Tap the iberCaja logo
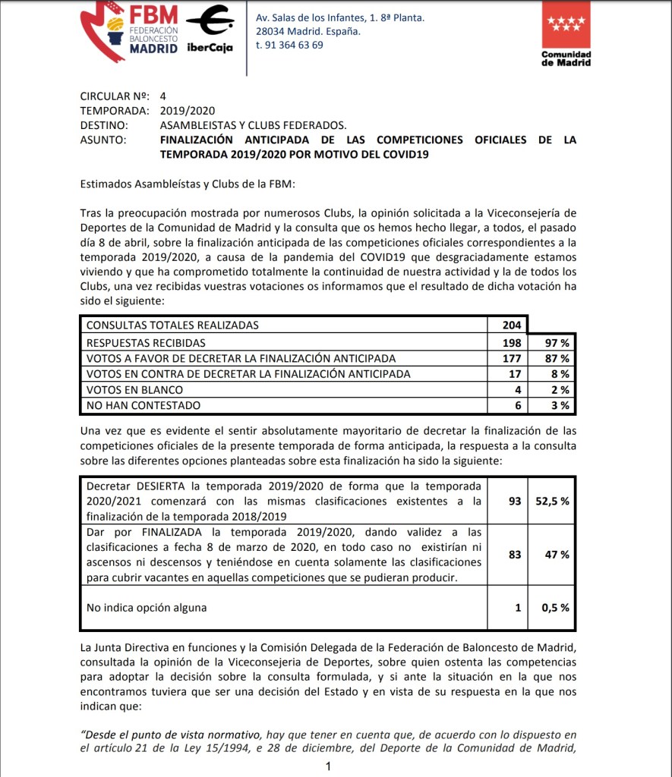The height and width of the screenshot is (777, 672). point(210,29)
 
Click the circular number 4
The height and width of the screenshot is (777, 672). point(162,96)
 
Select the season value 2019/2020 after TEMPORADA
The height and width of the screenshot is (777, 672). point(183,111)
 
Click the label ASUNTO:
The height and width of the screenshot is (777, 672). point(103,140)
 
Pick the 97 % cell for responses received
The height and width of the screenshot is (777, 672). point(557,341)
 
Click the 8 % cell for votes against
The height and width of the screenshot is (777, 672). point(560,373)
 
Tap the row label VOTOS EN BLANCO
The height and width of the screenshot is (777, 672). point(135,389)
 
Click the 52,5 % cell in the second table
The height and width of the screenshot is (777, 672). point(552,501)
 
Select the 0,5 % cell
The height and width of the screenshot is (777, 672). point(555,607)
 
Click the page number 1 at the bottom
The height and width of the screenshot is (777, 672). point(328,767)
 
